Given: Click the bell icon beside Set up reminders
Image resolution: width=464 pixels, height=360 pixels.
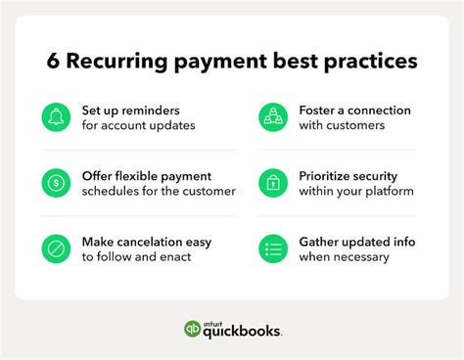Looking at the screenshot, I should pos(57,117).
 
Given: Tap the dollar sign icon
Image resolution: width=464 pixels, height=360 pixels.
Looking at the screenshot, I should pos(57,183).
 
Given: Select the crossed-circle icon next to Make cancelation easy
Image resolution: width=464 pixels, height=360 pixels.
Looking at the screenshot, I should pos(57,248).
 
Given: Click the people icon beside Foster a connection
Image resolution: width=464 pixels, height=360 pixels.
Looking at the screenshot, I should pos(273,117).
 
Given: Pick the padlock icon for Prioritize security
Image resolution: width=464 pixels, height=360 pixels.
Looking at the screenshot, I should pos(273,183).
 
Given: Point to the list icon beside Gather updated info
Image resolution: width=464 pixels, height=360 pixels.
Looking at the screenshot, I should pos(273,248).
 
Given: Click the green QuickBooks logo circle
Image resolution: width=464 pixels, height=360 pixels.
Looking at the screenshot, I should pos(193,329).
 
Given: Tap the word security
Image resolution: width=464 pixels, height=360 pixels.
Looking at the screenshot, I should pos(391,175).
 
